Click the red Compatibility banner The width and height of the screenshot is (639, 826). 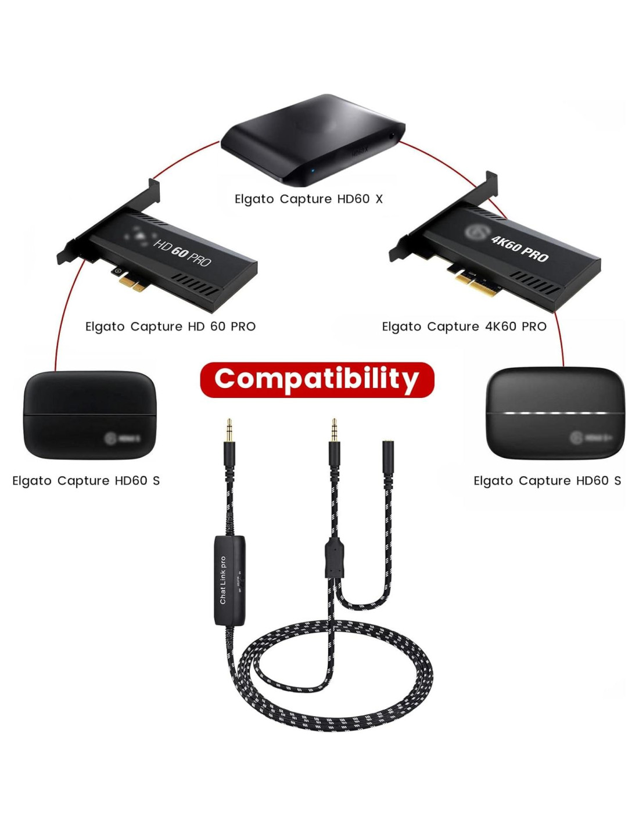coord(317,379)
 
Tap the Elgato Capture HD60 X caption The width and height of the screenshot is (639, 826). coord(308,199)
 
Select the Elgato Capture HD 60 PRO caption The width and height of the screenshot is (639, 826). coord(170,326)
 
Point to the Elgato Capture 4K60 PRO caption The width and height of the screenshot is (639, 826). coord(464,326)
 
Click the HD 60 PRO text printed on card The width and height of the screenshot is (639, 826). coord(182,253)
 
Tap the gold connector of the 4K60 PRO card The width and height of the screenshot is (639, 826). coord(476,284)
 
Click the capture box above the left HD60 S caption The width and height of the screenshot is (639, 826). coord(89,415)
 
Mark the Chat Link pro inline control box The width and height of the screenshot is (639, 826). coord(229,580)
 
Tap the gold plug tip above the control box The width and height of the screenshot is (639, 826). coord(229,429)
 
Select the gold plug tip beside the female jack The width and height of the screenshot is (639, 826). coord(334,429)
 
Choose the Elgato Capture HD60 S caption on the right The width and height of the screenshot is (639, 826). coord(547,481)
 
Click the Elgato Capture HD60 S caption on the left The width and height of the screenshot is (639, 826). coord(86,481)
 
